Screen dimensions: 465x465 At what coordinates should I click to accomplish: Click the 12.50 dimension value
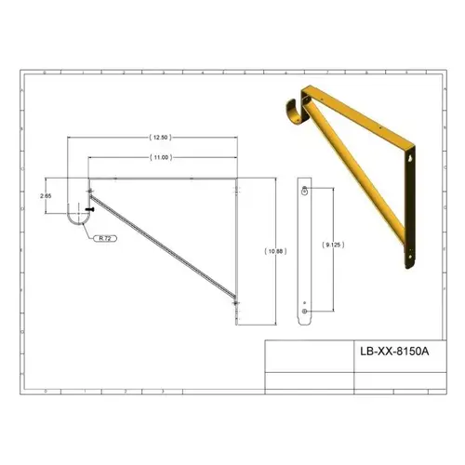coord(164,138)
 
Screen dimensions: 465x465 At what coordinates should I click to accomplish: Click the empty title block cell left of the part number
coord(310,353)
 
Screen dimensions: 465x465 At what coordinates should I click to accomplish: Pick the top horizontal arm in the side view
coord(164,179)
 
